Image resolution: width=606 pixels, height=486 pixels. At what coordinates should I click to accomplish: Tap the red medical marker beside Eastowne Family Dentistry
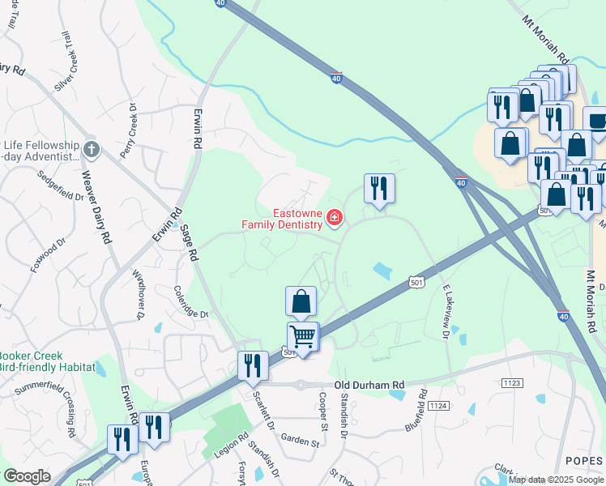pyautogui.click(x=333, y=217)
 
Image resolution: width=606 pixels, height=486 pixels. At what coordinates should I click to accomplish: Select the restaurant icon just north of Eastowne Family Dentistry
pyautogui.click(x=379, y=189)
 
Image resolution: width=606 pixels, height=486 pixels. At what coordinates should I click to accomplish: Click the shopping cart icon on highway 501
pyautogui.click(x=303, y=336)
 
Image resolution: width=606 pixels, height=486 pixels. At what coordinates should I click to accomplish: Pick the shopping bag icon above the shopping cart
pyautogui.click(x=301, y=301)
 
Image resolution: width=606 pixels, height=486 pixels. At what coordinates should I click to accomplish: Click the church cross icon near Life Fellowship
pyautogui.click(x=92, y=149)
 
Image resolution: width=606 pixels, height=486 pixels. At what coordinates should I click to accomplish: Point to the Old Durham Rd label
pyautogui.click(x=369, y=386)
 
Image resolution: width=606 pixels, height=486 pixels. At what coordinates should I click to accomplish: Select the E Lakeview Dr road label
pyautogui.click(x=446, y=310)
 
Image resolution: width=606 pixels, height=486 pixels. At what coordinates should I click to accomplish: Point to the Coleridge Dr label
pyautogui.click(x=191, y=302)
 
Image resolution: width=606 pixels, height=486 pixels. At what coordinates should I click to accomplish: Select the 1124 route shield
pyautogui.click(x=438, y=405)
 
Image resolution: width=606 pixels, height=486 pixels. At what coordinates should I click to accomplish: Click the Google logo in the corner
pyautogui.click(x=27, y=475)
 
